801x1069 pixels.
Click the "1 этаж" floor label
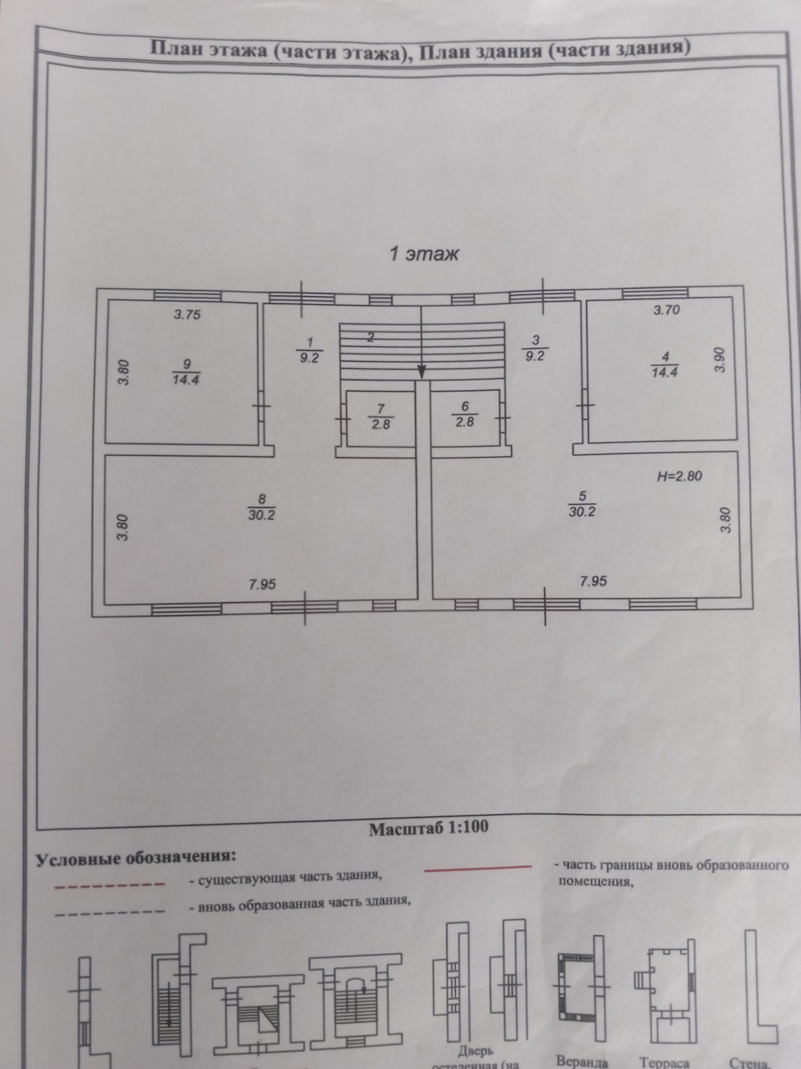(x=423, y=254)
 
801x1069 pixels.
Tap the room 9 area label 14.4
(x=186, y=379)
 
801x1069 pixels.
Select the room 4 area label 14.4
(x=665, y=372)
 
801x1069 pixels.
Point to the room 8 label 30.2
(x=261, y=515)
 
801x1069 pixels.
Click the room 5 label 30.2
(x=581, y=511)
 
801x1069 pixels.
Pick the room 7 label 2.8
(x=381, y=424)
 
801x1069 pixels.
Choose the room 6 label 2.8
(x=465, y=421)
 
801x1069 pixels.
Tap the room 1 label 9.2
(x=309, y=359)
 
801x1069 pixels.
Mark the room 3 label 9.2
(x=535, y=356)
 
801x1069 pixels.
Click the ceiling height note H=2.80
(x=680, y=477)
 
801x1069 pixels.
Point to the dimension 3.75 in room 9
(x=188, y=315)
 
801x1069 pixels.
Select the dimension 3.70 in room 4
(x=666, y=310)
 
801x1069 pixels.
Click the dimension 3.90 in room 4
(x=720, y=360)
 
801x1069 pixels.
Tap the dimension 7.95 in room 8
(x=262, y=584)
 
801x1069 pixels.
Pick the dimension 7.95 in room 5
(x=593, y=581)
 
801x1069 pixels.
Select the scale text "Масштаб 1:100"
(x=428, y=828)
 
